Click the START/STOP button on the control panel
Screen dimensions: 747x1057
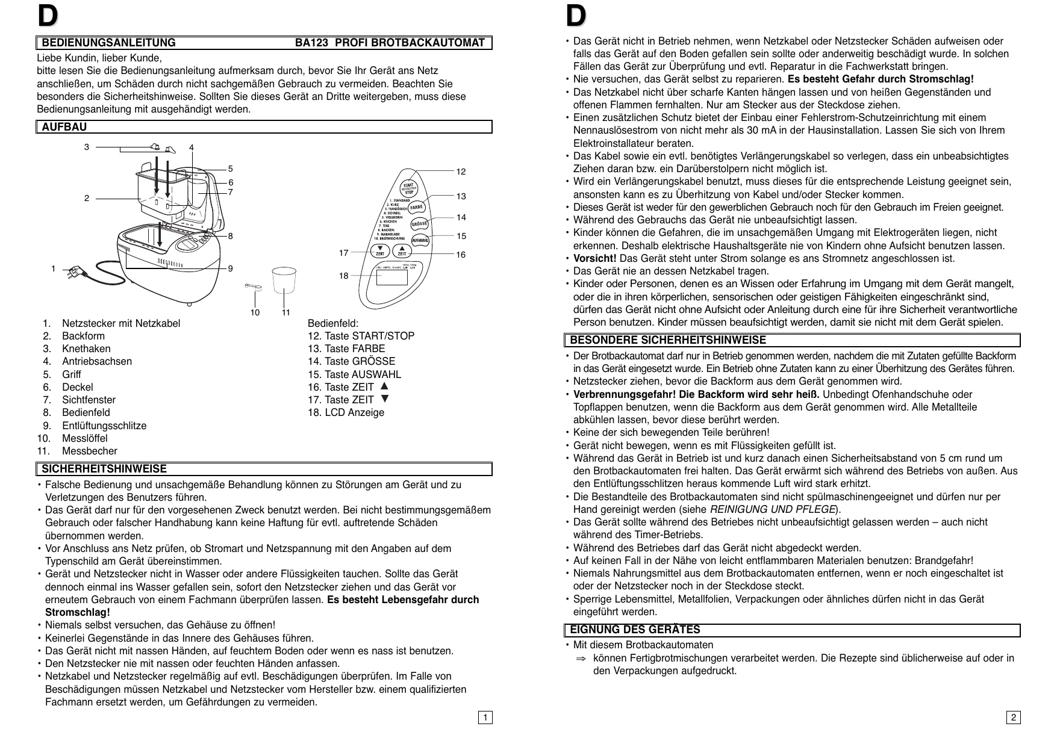pyautogui.click(x=408, y=187)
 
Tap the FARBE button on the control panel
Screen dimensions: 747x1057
pyautogui.click(x=417, y=207)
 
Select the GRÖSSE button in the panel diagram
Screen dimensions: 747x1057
pyautogui.click(x=419, y=224)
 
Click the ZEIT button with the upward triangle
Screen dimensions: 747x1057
pyautogui.click(x=402, y=250)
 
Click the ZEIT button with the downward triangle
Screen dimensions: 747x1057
pyautogui.click(x=380, y=250)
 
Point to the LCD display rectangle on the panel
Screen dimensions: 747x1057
pyautogui.click(x=391, y=277)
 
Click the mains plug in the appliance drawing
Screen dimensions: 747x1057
pyautogui.click(x=76, y=272)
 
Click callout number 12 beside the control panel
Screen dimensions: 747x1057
pyautogui.click(x=461, y=172)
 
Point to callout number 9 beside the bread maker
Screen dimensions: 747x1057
pyautogui.click(x=231, y=268)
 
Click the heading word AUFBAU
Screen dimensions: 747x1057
pyautogui.click(x=64, y=127)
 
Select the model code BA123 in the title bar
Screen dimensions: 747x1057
pyautogui.click(x=311, y=43)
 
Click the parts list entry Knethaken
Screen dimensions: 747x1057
pyautogui.click(x=86, y=349)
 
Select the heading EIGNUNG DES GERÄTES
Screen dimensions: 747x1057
pyautogui.click(x=635, y=630)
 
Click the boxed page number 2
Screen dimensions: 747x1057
pyautogui.click(x=1014, y=718)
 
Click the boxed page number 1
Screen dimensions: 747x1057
pyautogui.click(x=485, y=718)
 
